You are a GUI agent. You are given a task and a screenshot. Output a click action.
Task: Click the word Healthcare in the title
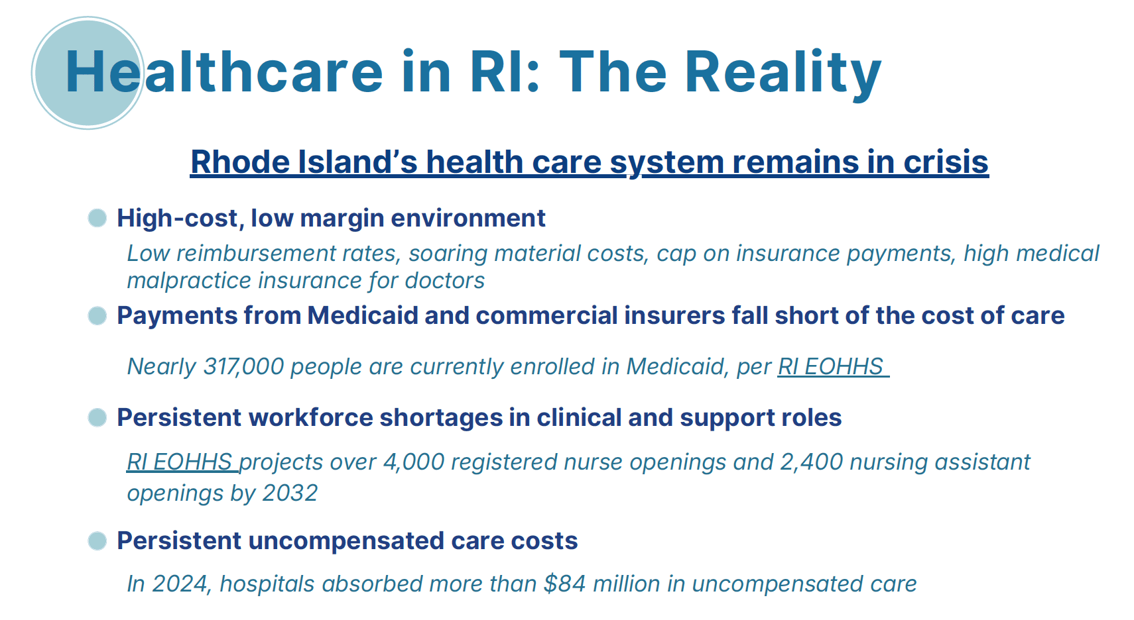coord(223,72)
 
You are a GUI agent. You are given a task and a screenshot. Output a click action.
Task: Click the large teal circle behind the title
coord(88,73)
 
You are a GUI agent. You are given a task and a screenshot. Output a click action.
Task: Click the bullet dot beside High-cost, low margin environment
coord(97,218)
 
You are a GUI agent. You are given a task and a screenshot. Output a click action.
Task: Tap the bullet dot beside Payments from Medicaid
coord(97,315)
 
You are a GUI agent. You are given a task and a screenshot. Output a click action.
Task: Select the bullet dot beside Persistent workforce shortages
coord(97,418)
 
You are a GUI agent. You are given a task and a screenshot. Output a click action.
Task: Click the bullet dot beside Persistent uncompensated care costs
coord(97,541)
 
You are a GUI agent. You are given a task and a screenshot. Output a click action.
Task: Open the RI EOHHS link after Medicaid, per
coord(833,366)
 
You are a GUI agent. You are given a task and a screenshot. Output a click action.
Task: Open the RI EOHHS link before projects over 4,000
coord(182,462)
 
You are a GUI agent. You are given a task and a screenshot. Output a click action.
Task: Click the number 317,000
coord(243,366)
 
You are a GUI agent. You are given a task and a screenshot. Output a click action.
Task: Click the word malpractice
coord(188,281)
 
